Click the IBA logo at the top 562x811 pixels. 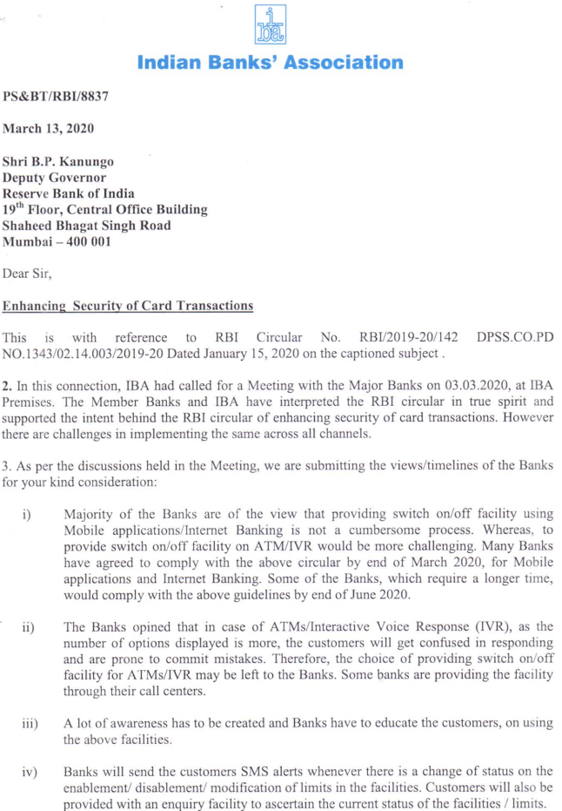[271, 24]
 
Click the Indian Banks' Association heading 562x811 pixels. [271, 63]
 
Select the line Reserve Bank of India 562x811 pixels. [69, 193]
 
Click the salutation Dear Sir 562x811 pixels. [28, 274]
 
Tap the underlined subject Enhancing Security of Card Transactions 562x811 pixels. [129, 306]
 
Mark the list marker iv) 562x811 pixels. [29, 770]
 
